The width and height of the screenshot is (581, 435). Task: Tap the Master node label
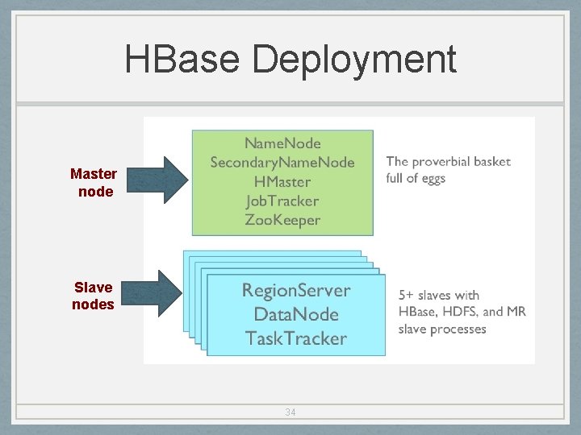pyautogui.click(x=94, y=182)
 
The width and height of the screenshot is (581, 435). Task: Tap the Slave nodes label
pyautogui.click(x=93, y=296)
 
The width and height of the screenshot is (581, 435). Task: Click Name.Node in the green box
pyautogui.click(x=282, y=143)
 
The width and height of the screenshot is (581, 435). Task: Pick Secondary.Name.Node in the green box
pyautogui.click(x=282, y=163)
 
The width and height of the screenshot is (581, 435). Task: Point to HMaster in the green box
pyautogui.click(x=282, y=182)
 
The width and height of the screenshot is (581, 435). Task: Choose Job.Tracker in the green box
pyautogui.click(x=282, y=201)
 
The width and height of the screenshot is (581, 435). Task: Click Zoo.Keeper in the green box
pyautogui.click(x=282, y=220)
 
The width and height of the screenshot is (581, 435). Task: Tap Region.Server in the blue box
pyautogui.click(x=296, y=290)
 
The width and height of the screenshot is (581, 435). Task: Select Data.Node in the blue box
pyautogui.click(x=296, y=314)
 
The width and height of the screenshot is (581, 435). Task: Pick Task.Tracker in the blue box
pyautogui.click(x=296, y=338)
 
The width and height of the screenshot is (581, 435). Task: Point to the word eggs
pyautogui.click(x=433, y=178)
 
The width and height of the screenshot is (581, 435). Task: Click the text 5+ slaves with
pyautogui.click(x=438, y=295)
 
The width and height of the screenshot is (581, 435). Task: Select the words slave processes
pyautogui.click(x=442, y=329)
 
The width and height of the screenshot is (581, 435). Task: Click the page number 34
pyautogui.click(x=290, y=412)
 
